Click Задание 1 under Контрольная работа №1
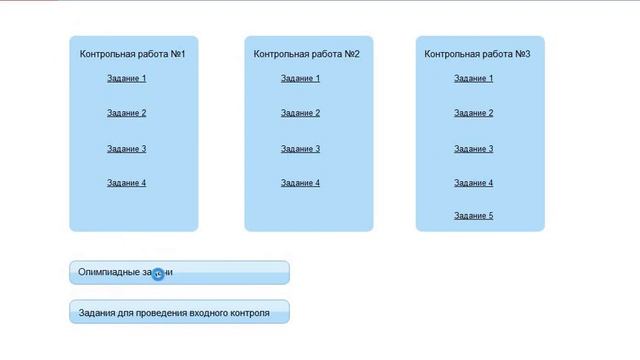[x=127, y=78]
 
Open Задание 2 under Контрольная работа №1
[x=127, y=113]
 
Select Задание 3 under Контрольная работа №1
[x=127, y=149]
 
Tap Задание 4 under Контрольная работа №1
[x=127, y=183]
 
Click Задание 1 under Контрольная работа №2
[x=300, y=78]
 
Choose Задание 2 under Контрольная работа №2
[x=300, y=113]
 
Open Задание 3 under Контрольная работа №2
[x=300, y=149]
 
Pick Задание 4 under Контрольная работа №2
[x=300, y=183]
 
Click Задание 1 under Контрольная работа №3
[x=473, y=78]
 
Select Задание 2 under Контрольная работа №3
[x=473, y=113]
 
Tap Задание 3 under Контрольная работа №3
[x=473, y=149]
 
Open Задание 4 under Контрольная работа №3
[x=473, y=183]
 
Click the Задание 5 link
[x=473, y=216]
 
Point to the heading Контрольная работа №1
[x=133, y=54]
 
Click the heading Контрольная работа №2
[x=307, y=54]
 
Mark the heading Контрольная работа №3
[x=477, y=54]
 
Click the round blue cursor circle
[x=158, y=274]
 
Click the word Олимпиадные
[x=109, y=272]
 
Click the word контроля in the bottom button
[x=250, y=313]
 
